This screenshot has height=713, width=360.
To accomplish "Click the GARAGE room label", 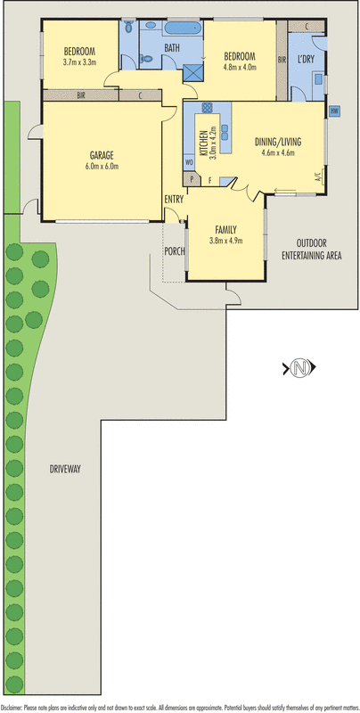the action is tap(102, 155).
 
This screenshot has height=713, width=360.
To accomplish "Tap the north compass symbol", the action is tap(299, 367).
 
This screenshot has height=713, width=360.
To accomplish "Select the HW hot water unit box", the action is tap(334, 111).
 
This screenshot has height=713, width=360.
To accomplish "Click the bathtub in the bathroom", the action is tap(184, 29).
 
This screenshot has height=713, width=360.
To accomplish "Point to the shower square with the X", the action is tap(192, 74).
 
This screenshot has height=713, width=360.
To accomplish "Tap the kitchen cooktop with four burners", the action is tap(207, 108).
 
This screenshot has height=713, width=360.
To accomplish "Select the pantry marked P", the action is tap(192, 179).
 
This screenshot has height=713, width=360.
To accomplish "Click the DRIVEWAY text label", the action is tap(65, 470).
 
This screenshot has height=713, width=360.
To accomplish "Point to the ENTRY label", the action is tap(174, 198).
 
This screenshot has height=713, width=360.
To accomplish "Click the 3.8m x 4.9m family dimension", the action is tap(226, 241).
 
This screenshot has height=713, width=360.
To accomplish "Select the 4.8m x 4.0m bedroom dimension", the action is tap(240, 68).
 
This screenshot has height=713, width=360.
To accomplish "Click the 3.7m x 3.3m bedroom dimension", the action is tap(79, 62).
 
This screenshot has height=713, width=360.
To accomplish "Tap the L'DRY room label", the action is tap(306, 60).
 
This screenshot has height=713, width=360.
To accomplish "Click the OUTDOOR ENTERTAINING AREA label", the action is tap(311, 250).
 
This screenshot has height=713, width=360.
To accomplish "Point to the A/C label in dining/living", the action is tap(318, 176).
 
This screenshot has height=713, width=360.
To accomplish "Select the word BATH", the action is tap(172, 48).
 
